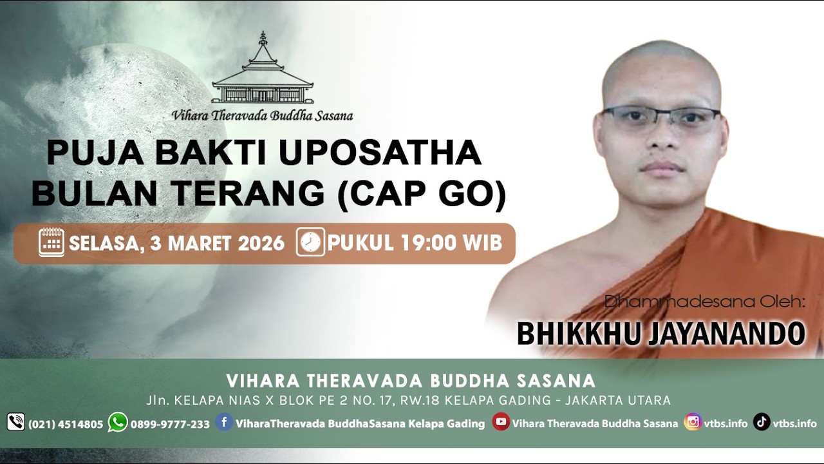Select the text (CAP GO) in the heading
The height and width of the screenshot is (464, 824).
[422, 192]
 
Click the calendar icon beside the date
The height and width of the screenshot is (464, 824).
[51, 242]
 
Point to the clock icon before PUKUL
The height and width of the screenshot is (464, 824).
[310, 242]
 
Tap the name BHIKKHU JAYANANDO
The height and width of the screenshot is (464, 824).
[660, 334]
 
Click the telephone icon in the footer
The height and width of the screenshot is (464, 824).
[15, 423]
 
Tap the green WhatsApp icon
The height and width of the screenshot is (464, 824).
[118, 422]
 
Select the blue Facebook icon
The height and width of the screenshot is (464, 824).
[224, 422]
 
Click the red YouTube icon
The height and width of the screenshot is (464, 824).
[500, 422]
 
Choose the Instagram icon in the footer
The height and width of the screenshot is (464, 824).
[693, 422]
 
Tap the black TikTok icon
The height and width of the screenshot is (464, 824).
[762, 422]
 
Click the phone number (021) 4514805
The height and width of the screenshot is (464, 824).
[66, 424]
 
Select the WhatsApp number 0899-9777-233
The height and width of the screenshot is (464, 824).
[170, 424]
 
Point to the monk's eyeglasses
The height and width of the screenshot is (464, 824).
[660, 119]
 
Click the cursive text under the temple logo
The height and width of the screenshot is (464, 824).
[262, 116]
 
